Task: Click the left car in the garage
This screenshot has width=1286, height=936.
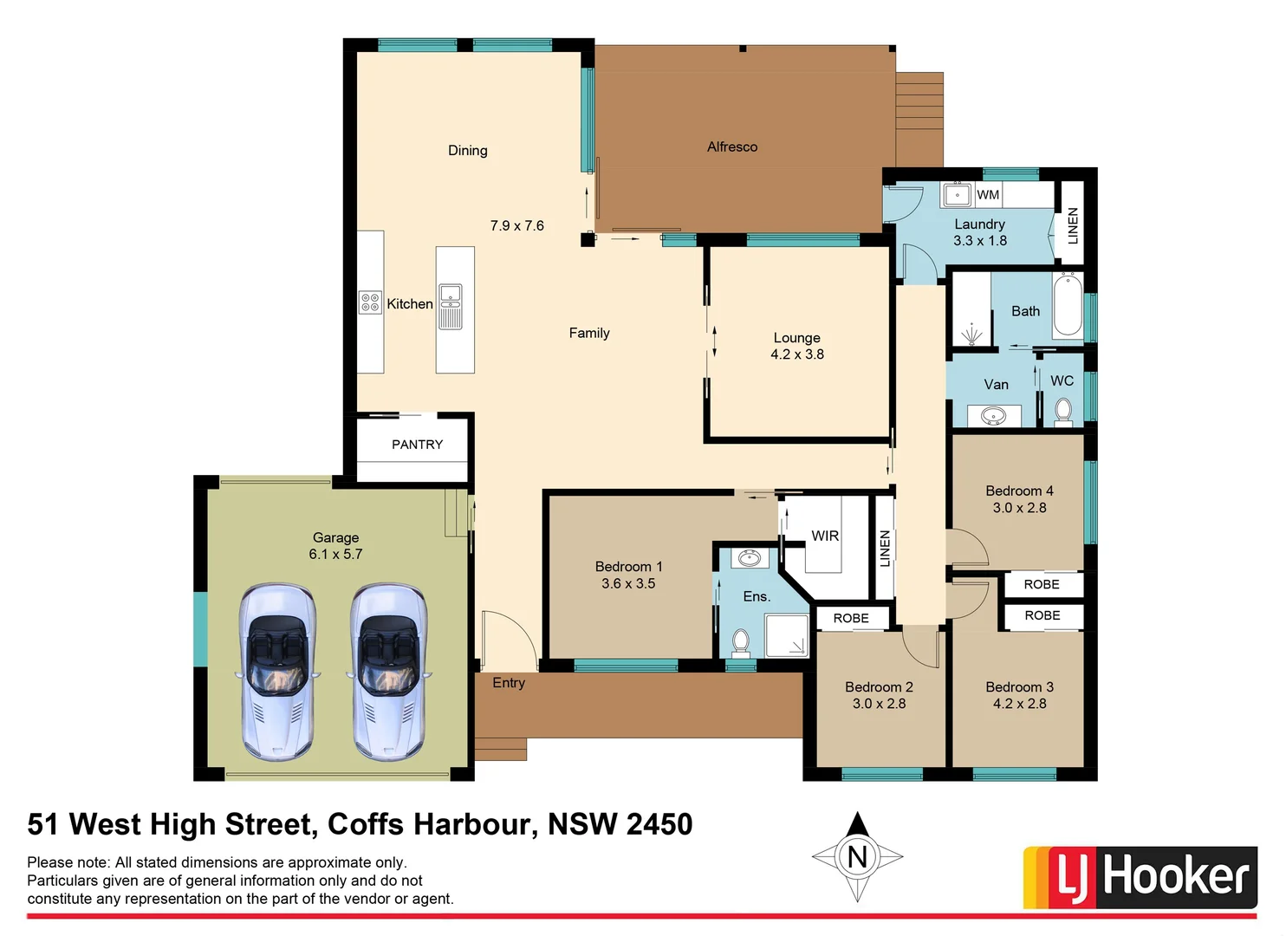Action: (277, 671)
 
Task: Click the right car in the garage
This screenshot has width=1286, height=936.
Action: (389, 671)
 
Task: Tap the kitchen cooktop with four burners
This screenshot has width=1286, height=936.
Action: (370, 302)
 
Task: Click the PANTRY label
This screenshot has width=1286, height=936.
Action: (417, 445)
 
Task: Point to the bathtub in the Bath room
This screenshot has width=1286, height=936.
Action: (1068, 305)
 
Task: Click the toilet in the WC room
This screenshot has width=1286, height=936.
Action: (1063, 410)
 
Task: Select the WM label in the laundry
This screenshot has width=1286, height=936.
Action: (988, 195)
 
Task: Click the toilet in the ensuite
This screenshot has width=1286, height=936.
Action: (741, 642)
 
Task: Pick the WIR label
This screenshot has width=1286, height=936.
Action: (825, 536)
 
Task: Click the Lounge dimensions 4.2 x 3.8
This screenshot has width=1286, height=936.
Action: (797, 354)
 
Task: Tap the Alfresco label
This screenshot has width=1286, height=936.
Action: (732, 147)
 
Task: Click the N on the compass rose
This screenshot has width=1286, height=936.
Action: (857, 857)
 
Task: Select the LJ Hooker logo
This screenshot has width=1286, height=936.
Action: (1140, 877)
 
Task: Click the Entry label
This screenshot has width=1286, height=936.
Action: (509, 683)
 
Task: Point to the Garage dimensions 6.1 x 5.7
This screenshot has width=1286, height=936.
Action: (335, 555)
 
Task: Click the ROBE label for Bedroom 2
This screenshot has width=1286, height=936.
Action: (851, 618)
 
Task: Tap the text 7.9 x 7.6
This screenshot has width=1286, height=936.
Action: (517, 226)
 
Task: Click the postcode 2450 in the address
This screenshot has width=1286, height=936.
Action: (659, 824)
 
